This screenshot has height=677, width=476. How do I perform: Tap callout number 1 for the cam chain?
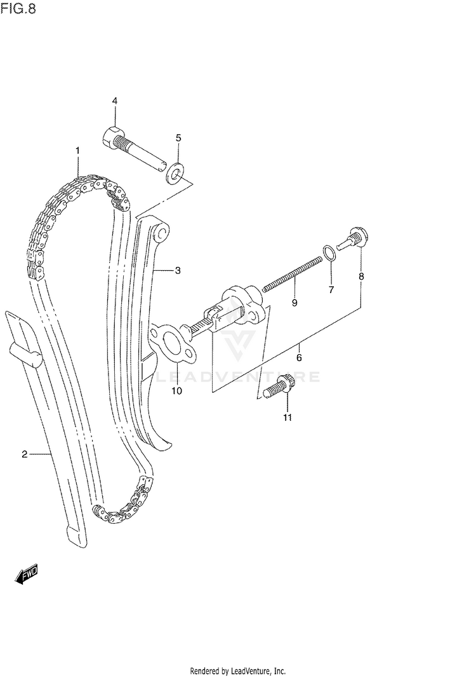77,151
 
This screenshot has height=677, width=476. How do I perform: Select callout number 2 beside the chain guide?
24,454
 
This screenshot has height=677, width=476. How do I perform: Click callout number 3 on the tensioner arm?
178,271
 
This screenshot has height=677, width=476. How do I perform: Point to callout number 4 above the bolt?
115,101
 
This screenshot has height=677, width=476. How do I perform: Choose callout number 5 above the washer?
178,137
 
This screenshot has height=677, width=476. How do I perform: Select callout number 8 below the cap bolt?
361,277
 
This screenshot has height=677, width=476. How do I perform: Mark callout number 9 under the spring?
294,303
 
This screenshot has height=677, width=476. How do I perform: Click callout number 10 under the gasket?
176,391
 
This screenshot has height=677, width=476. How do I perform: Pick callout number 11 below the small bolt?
287,418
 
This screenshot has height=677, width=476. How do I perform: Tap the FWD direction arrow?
26,575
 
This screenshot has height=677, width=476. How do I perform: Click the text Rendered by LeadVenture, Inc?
238,671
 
